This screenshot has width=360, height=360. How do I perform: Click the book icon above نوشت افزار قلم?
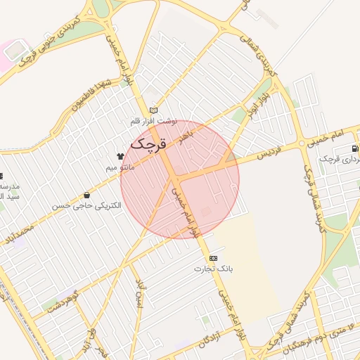coord(154,110)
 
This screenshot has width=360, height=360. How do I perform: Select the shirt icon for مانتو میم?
coord(120,156)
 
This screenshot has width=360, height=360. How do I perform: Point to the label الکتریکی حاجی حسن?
coord(86,206)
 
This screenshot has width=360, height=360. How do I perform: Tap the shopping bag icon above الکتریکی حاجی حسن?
coord(86,195)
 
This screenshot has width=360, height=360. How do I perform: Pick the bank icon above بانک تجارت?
coord(214,258)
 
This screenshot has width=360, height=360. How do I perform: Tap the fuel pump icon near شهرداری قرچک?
coord(354,149)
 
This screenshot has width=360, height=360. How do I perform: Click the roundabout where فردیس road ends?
coord(301,143)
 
